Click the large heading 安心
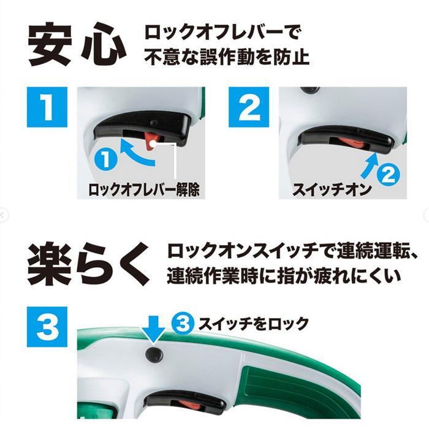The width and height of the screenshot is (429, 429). click(x=77, y=45)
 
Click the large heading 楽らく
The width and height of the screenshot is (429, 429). click(x=89, y=264)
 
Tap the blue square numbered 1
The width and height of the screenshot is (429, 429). click(x=47, y=107)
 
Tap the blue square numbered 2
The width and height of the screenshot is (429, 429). click(x=249, y=107)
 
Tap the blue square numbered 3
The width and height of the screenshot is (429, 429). click(x=47, y=327)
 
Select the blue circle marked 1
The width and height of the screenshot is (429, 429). click(x=106, y=160)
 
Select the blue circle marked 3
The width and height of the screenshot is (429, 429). click(x=183, y=323)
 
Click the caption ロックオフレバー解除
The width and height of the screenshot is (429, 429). click(x=143, y=189)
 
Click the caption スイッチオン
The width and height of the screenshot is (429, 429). click(x=332, y=189)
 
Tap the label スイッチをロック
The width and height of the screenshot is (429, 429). click(x=254, y=324)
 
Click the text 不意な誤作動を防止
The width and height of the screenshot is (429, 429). click(x=227, y=57)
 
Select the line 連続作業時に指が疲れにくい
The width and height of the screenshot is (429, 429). click(x=284, y=276)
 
